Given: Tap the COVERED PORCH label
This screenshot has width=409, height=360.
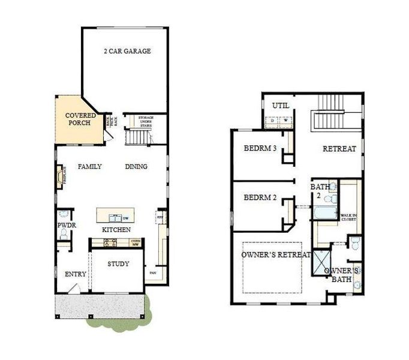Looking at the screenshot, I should [x=78, y=119].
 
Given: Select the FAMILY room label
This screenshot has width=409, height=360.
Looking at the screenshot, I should [x=90, y=166].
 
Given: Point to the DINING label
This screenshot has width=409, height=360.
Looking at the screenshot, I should [x=136, y=166].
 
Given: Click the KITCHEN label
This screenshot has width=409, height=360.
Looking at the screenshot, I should [x=116, y=230].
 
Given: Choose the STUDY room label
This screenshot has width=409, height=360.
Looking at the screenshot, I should [x=118, y=263].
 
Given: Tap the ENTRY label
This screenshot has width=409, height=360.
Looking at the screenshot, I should [x=76, y=274].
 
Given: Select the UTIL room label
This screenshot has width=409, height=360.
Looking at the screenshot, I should [x=281, y=106].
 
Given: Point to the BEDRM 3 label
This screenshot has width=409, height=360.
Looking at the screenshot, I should [x=260, y=149].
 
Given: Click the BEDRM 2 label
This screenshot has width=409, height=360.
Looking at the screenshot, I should [x=260, y=197].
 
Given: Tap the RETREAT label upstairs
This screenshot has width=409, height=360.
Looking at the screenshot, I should [x=339, y=149].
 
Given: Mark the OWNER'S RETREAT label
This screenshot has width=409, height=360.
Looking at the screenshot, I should [x=276, y=255].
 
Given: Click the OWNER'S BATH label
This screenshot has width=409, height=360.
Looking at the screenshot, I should [x=342, y=275].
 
